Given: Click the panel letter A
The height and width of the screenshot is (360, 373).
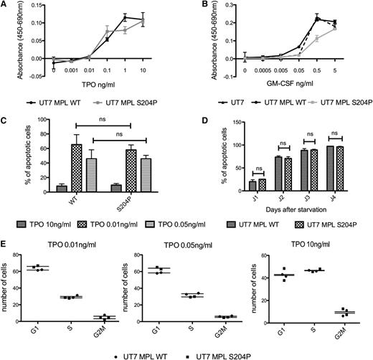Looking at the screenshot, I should pos(5,5).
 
